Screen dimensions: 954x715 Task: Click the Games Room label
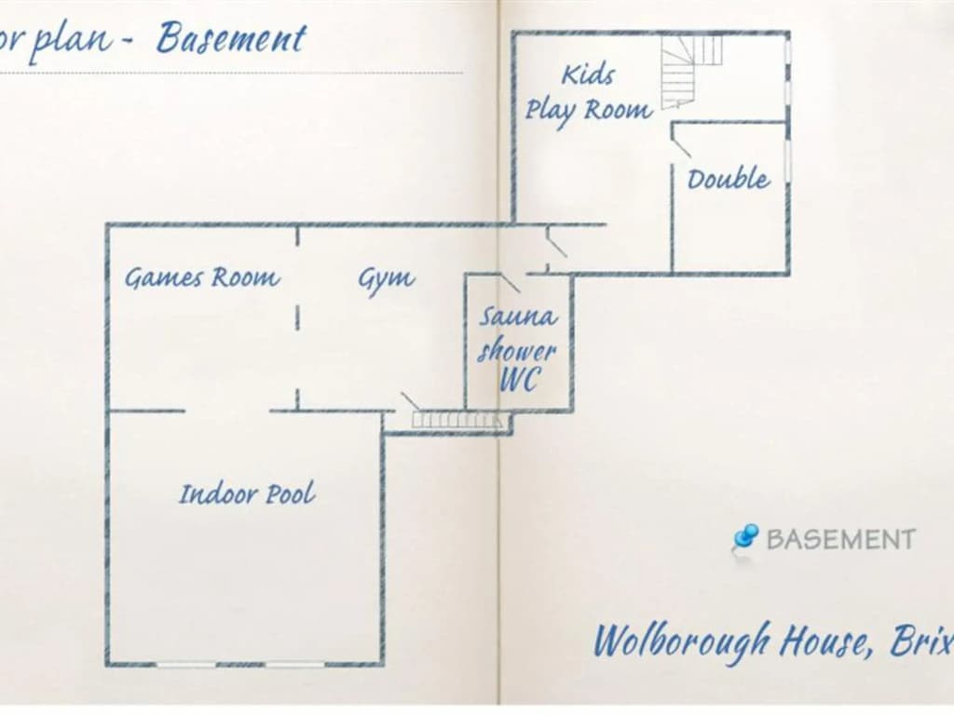[x=202, y=278]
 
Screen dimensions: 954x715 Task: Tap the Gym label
[x=387, y=279]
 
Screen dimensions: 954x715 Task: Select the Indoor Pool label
[x=248, y=493]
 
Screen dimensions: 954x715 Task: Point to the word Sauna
[x=517, y=317]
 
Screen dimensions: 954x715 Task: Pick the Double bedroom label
[x=729, y=179]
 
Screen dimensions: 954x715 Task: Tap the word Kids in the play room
[x=588, y=74]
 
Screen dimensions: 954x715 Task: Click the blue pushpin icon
[x=744, y=537]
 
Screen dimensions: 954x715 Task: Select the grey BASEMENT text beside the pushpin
[x=841, y=539]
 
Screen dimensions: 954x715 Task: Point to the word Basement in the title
[x=231, y=39]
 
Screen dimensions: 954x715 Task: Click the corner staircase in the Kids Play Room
[x=691, y=71]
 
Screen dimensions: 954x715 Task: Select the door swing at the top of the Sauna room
[x=510, y=283]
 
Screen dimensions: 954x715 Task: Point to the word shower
[x=517, y=350]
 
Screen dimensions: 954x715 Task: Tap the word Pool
[x=292, y=493]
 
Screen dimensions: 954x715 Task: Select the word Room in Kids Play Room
[x=619, y=111]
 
